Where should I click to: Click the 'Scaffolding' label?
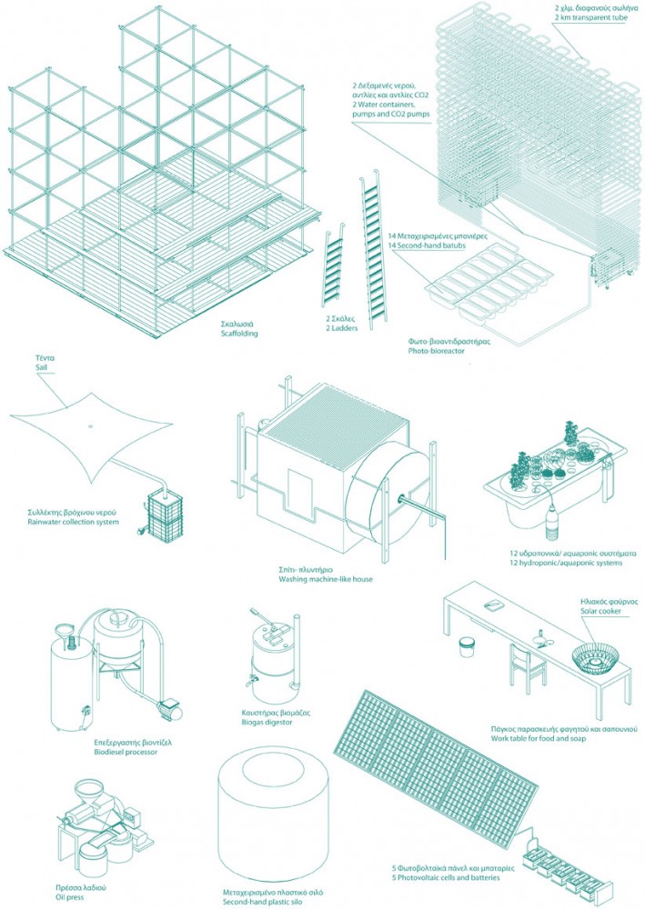click(x=239, y=334)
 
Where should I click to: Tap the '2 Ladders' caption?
click(x=341, y=328)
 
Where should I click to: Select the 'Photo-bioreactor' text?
click(x=436, y=351)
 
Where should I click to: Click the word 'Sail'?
click(x=41, y=367)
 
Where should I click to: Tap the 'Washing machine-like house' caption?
click(x=326, y=578)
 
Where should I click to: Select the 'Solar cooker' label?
click(x=601, y=611)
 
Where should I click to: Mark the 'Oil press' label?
click(x=68, y=897)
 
